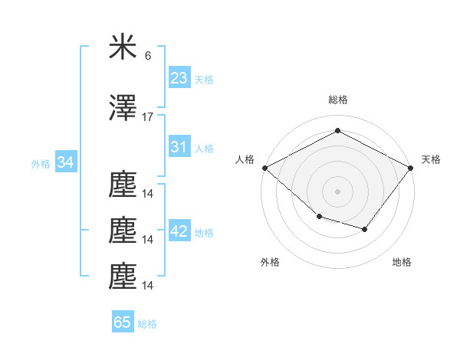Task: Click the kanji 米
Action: pos(123,46)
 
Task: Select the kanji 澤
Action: pos(123,107)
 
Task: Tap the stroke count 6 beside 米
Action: pos(148,56)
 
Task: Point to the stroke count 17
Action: pos(147,117)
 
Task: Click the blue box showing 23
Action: pos(179,77)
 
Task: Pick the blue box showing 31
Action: pos(179,146)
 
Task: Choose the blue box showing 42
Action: pos(179,230)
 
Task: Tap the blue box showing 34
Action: pos(66,162)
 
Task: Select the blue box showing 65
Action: pos(123,321)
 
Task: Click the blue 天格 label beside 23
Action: pos(204,80)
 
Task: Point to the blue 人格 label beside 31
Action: pos(204,149)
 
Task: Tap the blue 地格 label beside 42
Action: pos(204,233)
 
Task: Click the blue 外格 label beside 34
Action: pos(41,164)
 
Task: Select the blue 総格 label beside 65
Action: pos(147,324)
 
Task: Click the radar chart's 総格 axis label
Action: pos(338,100)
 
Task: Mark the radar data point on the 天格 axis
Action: pos(410,168)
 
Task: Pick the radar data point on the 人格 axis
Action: pos(265,168)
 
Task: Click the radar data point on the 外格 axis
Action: pos(320,217)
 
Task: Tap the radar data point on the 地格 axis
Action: pos(365,229)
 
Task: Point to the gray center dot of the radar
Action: pos(337,191)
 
